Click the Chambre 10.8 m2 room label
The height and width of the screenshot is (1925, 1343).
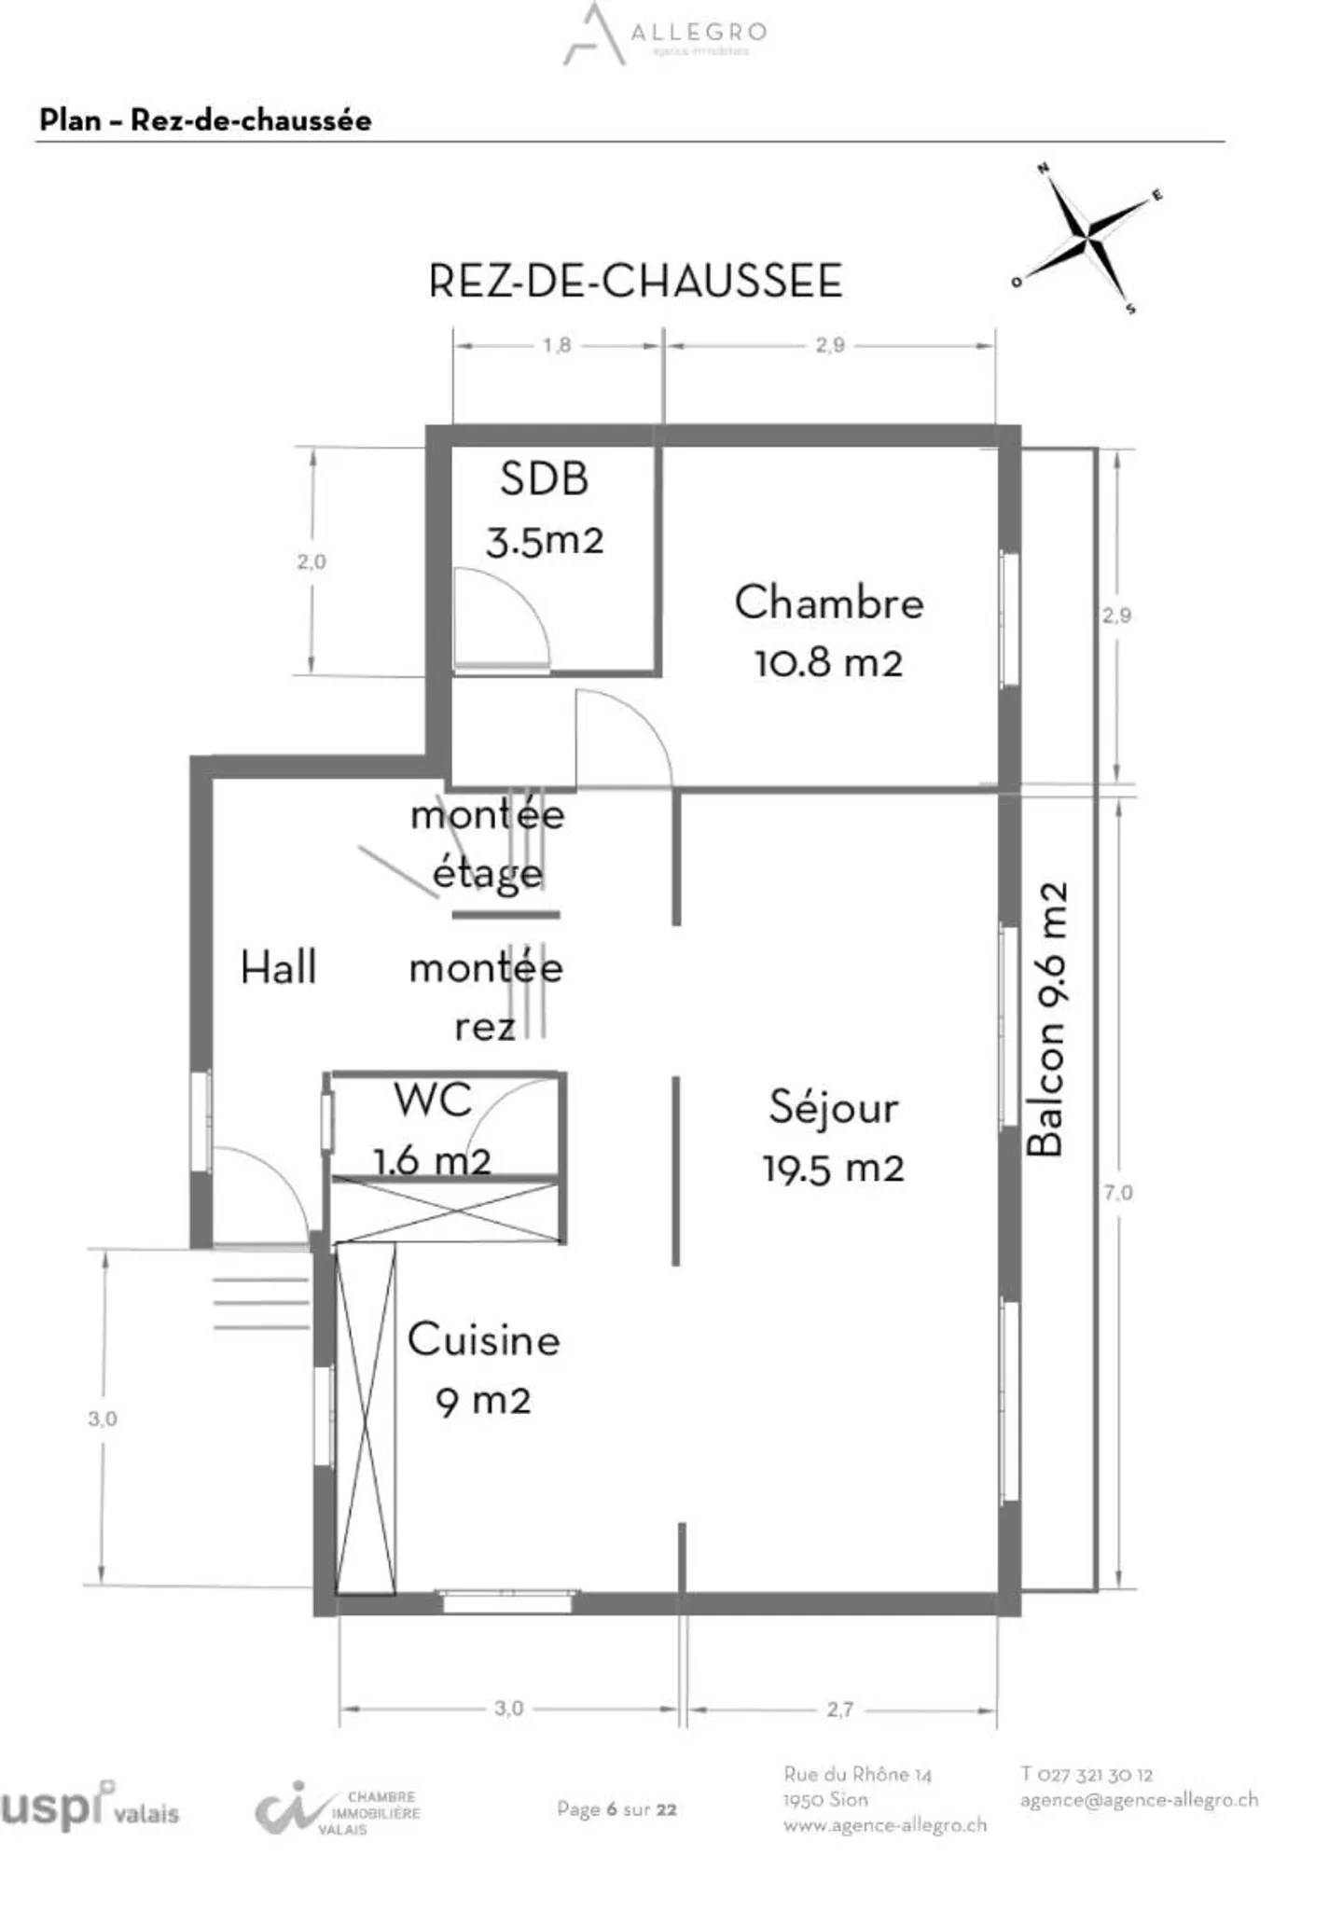(828, 631)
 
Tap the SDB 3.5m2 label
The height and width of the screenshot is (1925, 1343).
(545, 509)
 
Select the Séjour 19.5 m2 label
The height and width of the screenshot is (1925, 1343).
(833, 1137)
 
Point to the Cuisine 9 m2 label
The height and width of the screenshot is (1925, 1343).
(483, 1369)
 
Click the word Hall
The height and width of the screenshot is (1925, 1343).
(278, 967)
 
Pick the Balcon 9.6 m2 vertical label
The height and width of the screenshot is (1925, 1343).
(1045, 1018)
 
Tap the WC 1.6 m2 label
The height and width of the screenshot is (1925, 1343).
(433, 1129)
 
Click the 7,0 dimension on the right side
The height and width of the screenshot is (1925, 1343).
(1117, 1192)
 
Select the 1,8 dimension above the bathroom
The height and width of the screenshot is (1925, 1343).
(557, 345)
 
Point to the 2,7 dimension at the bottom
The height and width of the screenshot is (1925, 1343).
(839, 1710)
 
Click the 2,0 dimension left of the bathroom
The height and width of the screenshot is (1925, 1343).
(311, 561)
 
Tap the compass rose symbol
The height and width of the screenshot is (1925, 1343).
(1088, 240)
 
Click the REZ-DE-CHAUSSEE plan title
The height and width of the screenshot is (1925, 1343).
(635, 281)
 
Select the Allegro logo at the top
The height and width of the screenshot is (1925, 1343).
(664, 35)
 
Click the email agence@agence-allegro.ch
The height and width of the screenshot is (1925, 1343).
(1139, 1800)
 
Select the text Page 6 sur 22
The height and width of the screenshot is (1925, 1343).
(616, 1809)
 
